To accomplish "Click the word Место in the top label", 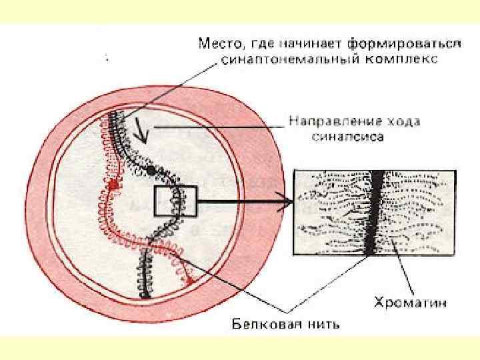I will (x=218, y=45).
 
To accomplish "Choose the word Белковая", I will (x=261, y=325).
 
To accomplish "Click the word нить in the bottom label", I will (x=321, y=325).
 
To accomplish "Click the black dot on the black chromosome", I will (x=151, y=171).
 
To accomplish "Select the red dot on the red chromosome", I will (x=113, y=183).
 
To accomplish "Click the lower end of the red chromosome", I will (x=191, y=281).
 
